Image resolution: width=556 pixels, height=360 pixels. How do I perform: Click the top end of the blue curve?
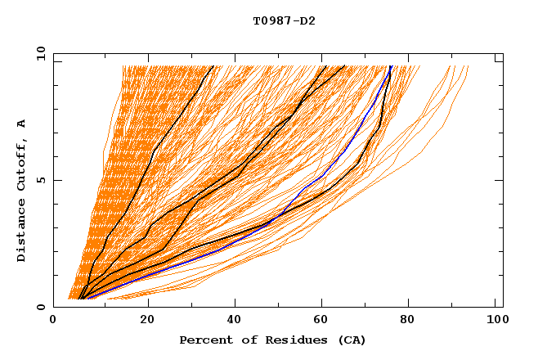pos(391,65)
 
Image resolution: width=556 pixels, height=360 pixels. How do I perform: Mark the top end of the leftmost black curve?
pos(213,65)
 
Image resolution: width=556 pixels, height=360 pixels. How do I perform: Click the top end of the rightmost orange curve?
pos(469,65)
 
